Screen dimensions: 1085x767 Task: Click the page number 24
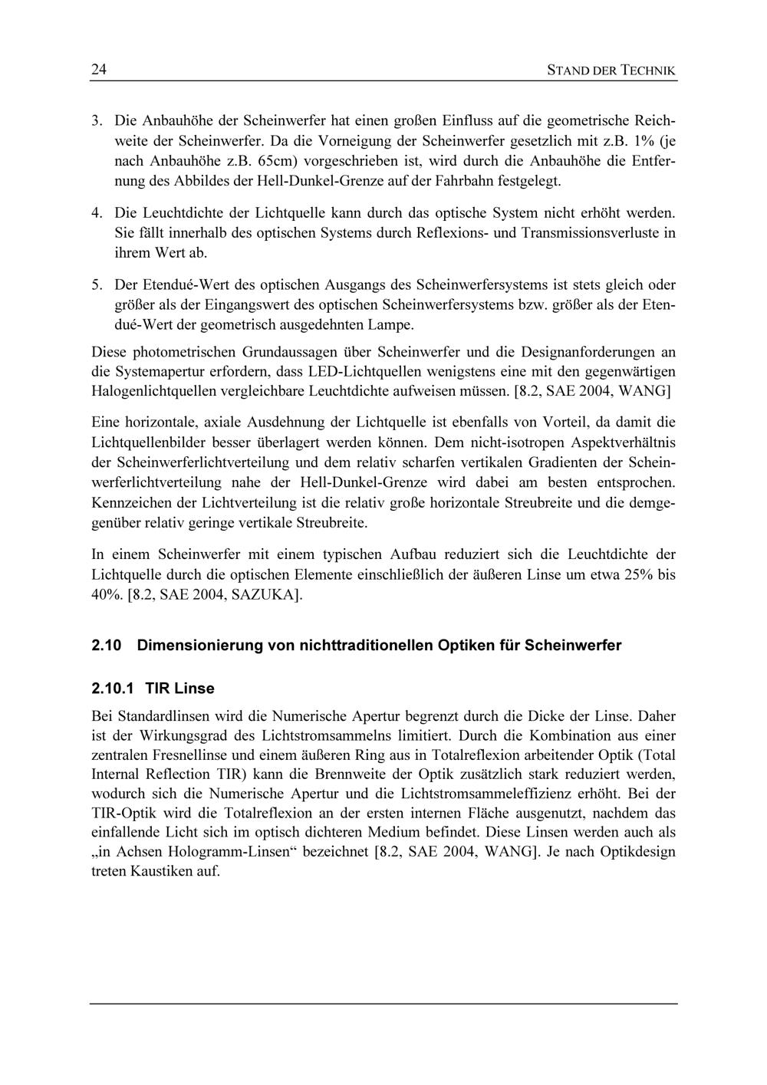(x=98, y=71)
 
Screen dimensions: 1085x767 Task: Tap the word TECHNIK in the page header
(x=648, y=71)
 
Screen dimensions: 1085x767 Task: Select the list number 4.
(x=97, y=212)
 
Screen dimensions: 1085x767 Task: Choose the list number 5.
(x=97, y=285)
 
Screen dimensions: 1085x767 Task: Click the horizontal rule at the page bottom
(x=383, y=1003)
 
